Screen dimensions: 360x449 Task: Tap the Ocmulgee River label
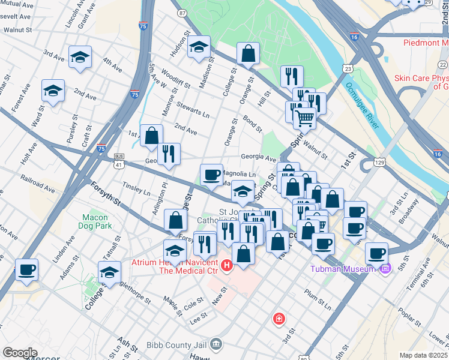coord(361,106)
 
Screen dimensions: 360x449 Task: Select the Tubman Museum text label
coord(341,268)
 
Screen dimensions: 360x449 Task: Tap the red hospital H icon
coord(227,265)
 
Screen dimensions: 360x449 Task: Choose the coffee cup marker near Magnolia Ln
coord(211,175)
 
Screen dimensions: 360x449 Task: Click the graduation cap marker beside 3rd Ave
coord(80,58)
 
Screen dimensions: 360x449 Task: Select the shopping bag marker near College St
coord(248,54)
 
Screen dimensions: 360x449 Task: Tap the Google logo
coord(20,353)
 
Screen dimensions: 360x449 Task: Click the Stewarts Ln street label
coord(193,109)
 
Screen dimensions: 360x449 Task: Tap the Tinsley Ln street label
coord(136,190)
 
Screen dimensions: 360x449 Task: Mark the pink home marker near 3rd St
coord(279,318)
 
